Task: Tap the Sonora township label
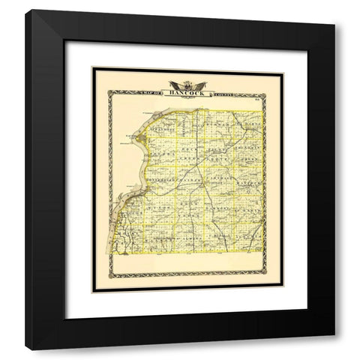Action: (x=154, y=153)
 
